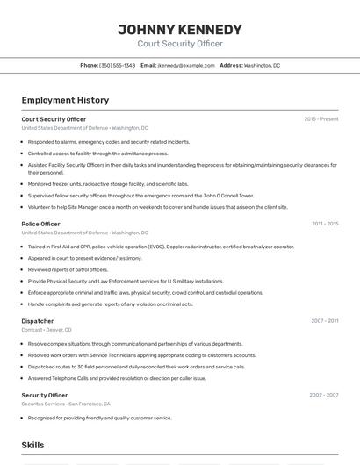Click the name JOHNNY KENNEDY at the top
(180, 30)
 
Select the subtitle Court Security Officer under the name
(180, 44)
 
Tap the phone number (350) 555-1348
(118, 65)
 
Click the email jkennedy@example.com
(186, 65)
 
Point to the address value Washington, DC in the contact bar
(262, 65)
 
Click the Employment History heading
(65, 100)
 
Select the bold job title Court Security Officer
(54, 119)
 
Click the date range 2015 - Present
(321, 119)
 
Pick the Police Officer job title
(40, 224)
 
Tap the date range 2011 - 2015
(325, 224)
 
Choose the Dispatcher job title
(38, 321)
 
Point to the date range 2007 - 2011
(325, 321)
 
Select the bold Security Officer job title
(44, 395)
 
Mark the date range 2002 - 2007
(324, 395)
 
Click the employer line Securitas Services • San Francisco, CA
(66, 404)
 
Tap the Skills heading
(32, 446)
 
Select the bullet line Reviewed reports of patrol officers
(74, 269)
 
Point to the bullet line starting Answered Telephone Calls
(117, 378)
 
